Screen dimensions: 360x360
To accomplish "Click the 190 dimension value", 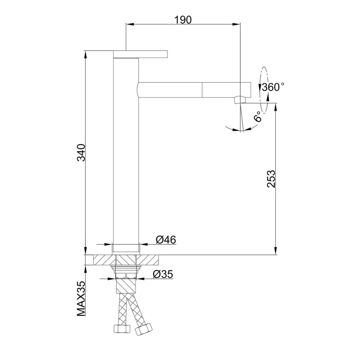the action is [183, 20].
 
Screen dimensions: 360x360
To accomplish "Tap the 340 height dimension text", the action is [82, 152].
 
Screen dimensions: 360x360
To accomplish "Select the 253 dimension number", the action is [271, 178].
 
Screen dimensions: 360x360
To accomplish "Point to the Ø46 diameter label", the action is [166, 240].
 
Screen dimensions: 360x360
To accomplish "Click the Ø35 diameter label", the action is [163, 274].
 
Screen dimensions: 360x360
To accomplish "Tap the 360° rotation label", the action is [273, 87].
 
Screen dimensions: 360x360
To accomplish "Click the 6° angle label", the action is [258, 116].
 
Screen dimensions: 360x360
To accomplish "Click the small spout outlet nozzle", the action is [240, 99].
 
